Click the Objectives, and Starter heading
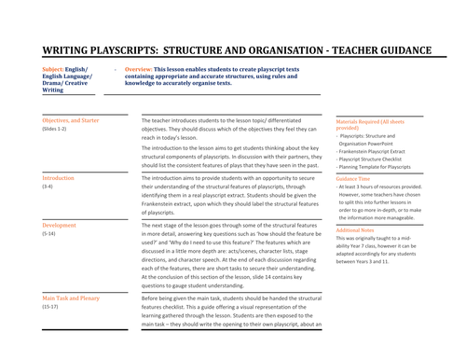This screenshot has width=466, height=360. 71,121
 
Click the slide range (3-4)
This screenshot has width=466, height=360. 48,187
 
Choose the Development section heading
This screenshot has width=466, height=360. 61,226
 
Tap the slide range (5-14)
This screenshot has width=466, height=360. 50,235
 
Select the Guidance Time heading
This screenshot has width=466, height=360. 355,177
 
